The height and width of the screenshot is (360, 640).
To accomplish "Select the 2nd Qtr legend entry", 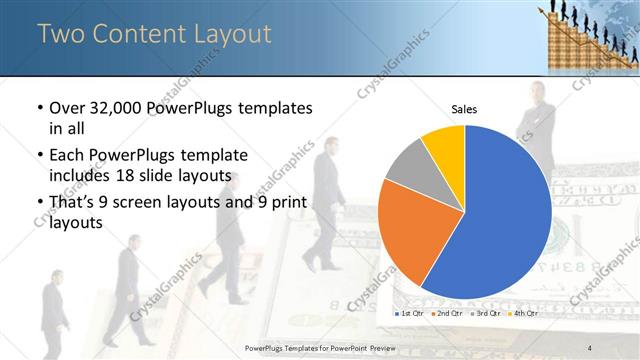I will click(x=446, y=313).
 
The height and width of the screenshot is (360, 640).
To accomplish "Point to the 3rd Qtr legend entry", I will click(x=484, y=313).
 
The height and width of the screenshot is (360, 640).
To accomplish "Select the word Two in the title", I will click(x=57, y=34).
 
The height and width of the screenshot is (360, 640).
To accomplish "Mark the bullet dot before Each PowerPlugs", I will click(x=39, y=155).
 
